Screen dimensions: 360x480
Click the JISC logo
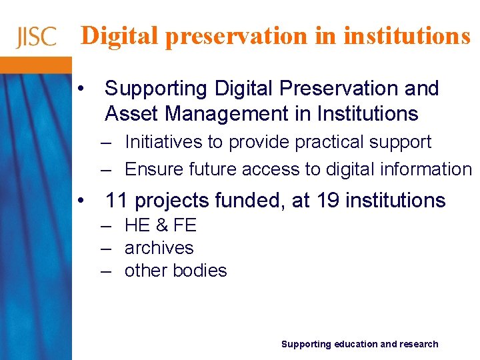pyautogui.click(x=37, y=37)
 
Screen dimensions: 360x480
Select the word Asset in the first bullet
pyautogui.click(x=132, y=114)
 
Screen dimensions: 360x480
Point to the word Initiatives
pyautogui.click(x=165, y=142)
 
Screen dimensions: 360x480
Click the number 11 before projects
pyautogui.click(x=116, y=200)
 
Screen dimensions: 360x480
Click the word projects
pyautogui.click(x=171, y=200)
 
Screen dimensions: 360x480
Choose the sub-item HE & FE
pyautogui.click(x=161, y=225)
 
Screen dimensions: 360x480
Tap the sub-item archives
pyautogui.click(x=159, y=248)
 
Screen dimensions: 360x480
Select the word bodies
pyautogui.click(x=202, y=271)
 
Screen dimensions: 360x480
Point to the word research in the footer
pyautogui.click(x=419, y=344)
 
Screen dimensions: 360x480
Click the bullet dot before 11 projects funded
pyautogui.click(x=80, y=200)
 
